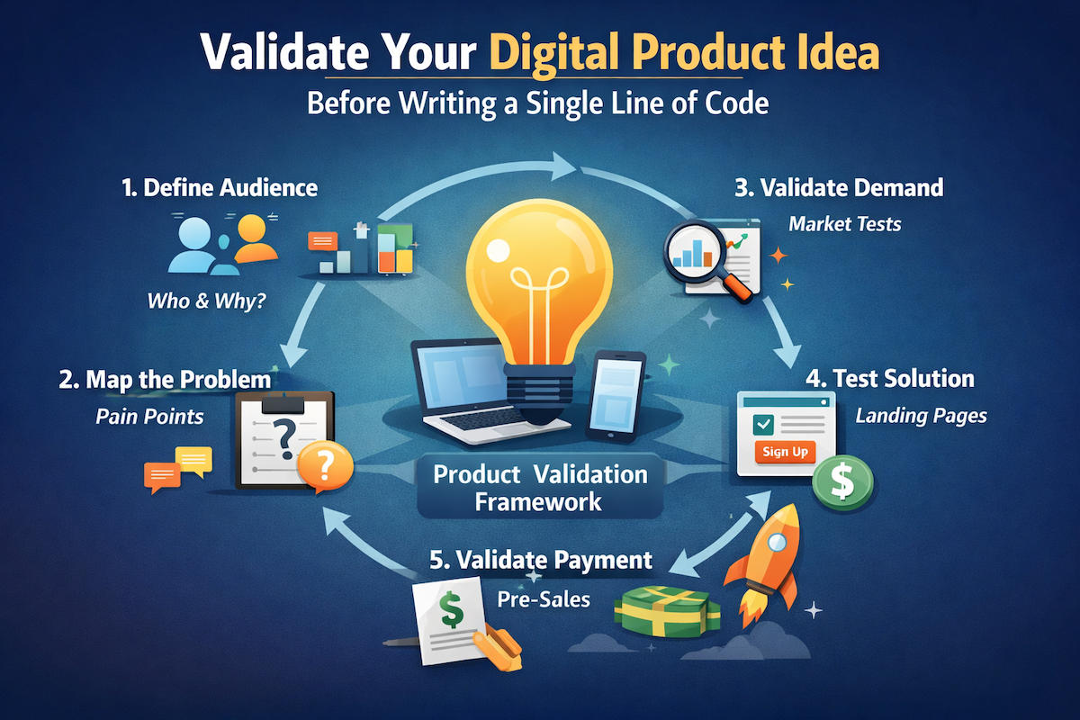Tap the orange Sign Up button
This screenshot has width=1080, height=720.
[784, 452]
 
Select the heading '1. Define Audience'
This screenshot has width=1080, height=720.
[220, 188]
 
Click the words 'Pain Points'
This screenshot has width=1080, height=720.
[149, 417]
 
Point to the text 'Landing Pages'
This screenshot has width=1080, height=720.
[921, 416]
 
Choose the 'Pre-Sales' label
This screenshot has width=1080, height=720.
[544, 598]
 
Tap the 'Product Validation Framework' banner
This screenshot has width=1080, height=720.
[540, 487]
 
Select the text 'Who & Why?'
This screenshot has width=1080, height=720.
[206, 300]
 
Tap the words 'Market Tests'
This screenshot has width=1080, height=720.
[844, 224]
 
